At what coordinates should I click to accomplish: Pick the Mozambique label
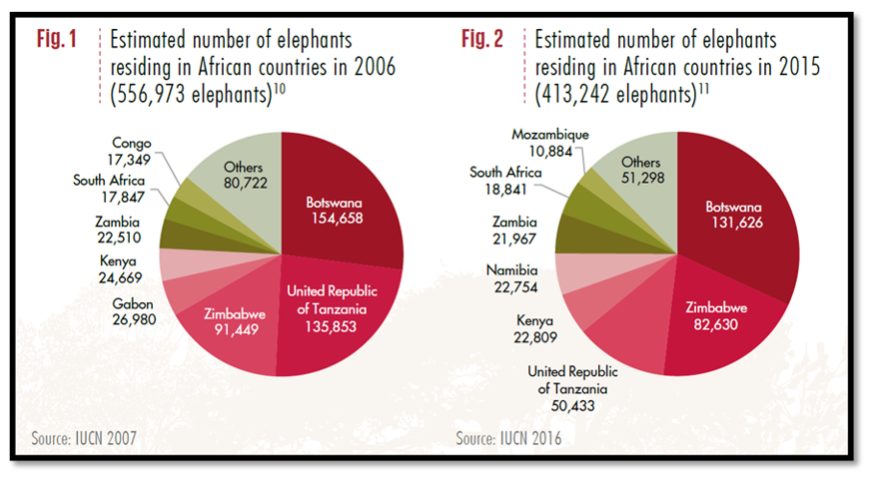(550, 134)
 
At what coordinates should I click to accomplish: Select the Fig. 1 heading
(56, 39)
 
